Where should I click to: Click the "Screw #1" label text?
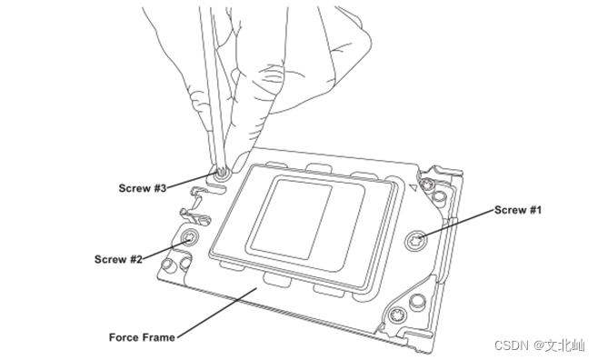click(x=517, y=210)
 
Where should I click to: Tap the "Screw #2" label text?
click(x=118, y=259)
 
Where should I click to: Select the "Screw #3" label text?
click(x=143, y=188)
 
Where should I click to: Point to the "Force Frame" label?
click(x=142, y=337)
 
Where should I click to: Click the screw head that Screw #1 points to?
click(x=415, y=241)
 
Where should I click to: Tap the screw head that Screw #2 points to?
click(x=189, y=238)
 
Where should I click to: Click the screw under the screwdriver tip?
click(x=221, y=175)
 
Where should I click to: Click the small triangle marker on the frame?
click(x=413, y=187)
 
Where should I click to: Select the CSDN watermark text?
click(x=539, y=345)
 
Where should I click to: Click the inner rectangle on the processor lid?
click(x=292, y=220)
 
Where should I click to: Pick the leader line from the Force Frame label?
click(x=216, y=313)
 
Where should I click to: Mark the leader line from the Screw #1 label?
click(x=456, y=224)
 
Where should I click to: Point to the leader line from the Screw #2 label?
click(x=166, y=249)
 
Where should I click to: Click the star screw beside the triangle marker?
click(x=426, y=185)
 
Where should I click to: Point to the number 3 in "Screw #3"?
click(x=163, y=188)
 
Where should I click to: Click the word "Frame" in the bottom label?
click(x=159, y=337)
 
